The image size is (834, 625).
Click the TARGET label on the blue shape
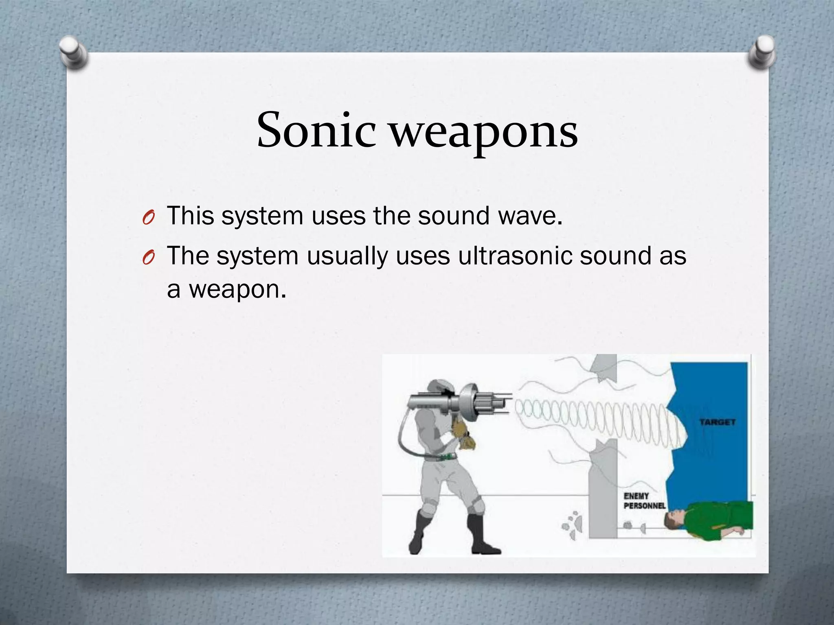click(717, 422)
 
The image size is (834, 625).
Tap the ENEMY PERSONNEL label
click(644, 501)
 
